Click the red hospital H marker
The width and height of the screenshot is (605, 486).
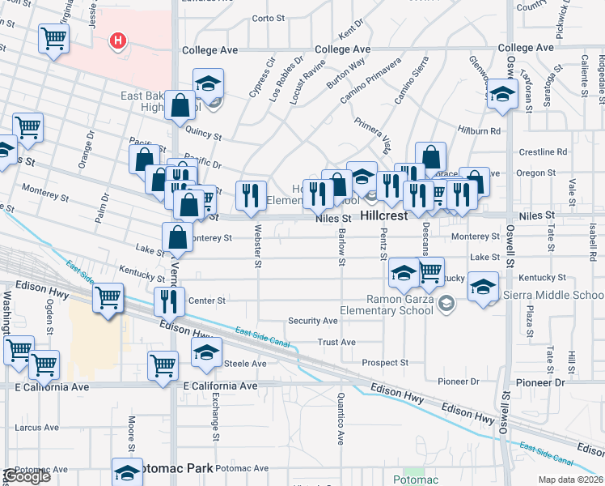119,40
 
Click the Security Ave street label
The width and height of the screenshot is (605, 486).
313,321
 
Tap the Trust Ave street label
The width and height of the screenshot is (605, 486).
336,342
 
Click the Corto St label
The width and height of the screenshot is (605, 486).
270,18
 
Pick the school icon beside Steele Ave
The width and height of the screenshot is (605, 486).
206,352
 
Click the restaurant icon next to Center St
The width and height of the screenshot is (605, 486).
169,301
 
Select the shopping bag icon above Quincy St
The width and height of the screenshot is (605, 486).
180,105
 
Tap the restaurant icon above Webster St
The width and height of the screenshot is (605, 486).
251,194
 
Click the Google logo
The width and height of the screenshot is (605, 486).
27,476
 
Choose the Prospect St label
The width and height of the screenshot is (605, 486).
385,362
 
